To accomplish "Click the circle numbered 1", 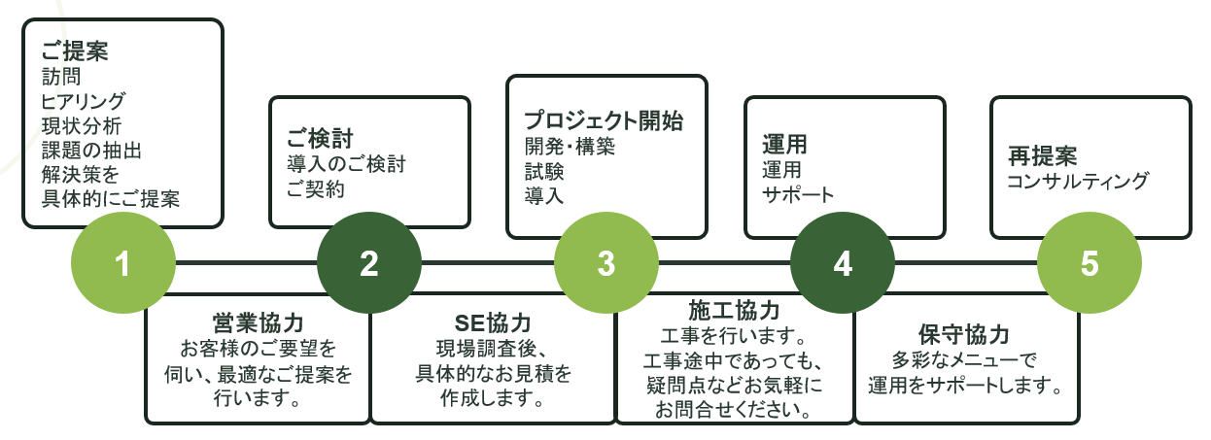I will pos(123,263).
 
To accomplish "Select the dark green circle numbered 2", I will pos(369,263).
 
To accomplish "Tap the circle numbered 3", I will pos(606,263).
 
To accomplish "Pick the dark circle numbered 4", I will pos(843,263).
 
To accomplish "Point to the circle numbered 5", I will pos(1089,263).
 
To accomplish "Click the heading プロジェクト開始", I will pos(604,121).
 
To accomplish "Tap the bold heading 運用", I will pos(785,145).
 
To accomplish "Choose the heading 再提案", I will pos(1042,155).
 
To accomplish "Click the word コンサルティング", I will pos(1078,181).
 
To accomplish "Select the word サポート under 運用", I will pos(798,193).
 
